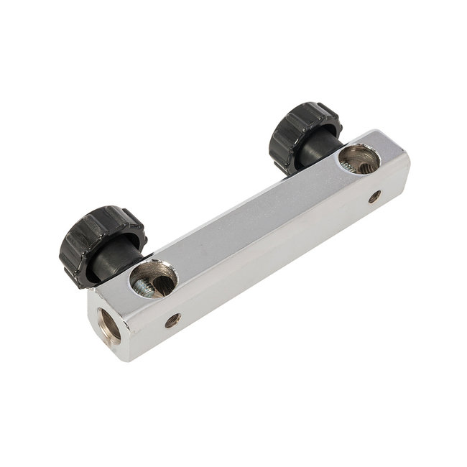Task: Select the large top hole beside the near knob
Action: [x=154, y=279]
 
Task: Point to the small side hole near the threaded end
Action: [x=172, y=320]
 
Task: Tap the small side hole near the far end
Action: [x=374, y=196]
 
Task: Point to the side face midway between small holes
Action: [x=273, y=259]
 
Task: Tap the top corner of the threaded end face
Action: [x=89, y=290]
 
